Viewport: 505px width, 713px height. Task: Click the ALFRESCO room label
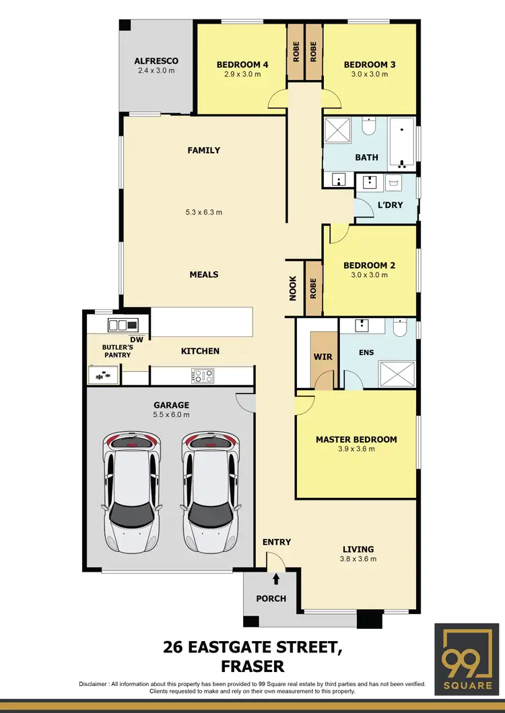pos(156,61)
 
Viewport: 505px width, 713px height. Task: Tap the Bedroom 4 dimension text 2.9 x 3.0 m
pos(242,74)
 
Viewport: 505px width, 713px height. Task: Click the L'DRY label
pos(390,204)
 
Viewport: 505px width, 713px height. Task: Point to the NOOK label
pos(293,288)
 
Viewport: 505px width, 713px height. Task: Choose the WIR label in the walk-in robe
pos(323,356)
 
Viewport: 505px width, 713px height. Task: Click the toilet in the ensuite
pos(399,328)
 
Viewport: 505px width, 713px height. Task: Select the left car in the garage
pos(132,490)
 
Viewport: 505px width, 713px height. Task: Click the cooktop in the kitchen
pos(203,375)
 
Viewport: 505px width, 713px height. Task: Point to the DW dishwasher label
pos(137,339)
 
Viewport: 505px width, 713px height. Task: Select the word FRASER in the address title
pos(252,666)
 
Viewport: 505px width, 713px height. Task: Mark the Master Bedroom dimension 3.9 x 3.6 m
pos(356,450)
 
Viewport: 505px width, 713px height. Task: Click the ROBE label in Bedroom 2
pos(313,288)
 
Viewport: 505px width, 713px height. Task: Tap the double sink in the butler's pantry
pos(121,325)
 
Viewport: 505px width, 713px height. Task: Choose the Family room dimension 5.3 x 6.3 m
pos(203,212)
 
